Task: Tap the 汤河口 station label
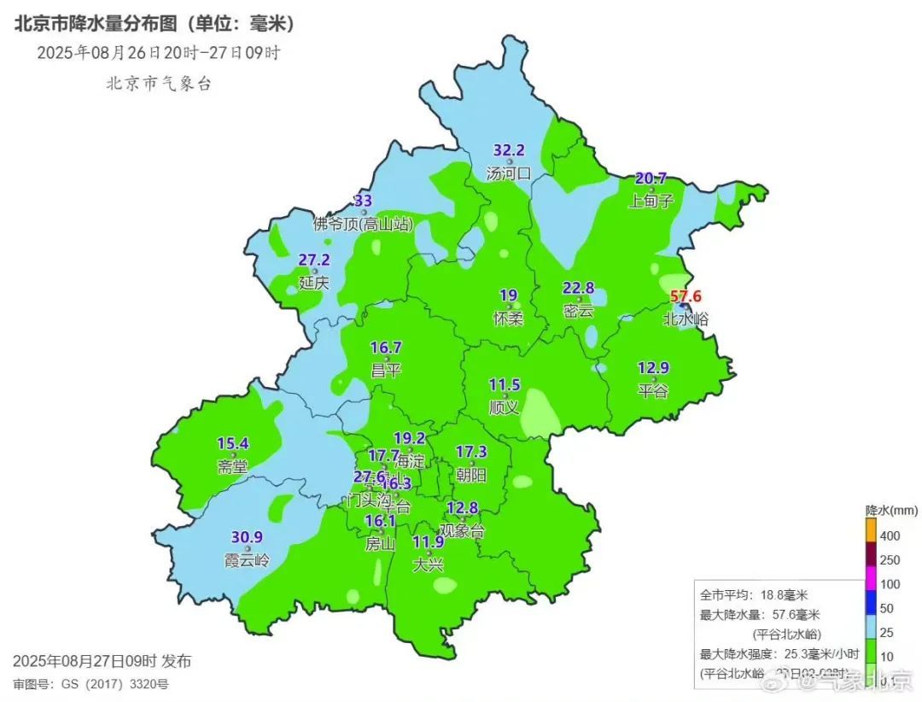508,173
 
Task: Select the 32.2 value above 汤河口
509,149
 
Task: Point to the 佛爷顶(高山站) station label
363,225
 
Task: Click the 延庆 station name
314,282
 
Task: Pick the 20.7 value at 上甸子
651,178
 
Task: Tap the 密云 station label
578,311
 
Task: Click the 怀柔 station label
508,319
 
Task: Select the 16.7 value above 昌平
386,348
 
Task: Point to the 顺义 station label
504,407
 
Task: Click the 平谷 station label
653,391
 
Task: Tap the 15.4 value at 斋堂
232,443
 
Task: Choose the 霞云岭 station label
247,561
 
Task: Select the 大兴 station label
428,565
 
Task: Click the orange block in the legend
871,530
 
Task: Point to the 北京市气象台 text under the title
158,84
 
